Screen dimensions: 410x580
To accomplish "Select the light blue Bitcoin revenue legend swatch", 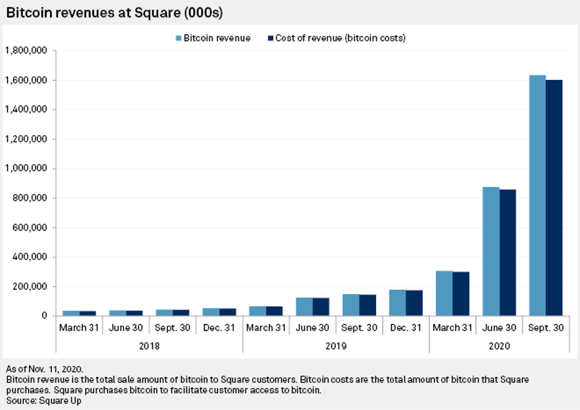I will click(x=179, y=38).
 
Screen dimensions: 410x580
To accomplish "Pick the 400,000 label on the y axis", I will click(x=30, y=257).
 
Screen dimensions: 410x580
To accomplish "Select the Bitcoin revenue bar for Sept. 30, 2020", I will click(x=537, y=195).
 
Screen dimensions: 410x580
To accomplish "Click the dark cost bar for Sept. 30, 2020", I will click(x=553, y=198).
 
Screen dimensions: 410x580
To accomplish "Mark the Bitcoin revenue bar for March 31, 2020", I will click(x=444, y=294).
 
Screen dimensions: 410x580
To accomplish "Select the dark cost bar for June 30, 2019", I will click(x=320, y=307).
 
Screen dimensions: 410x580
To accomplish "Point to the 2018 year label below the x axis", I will click(x=149, y=346).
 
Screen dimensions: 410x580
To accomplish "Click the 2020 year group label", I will click(x=499, y=346).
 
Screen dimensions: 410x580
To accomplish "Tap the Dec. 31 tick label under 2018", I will click(x=219, y=327).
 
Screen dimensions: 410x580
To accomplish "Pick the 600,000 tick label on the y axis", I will click(x=30, y=227).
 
